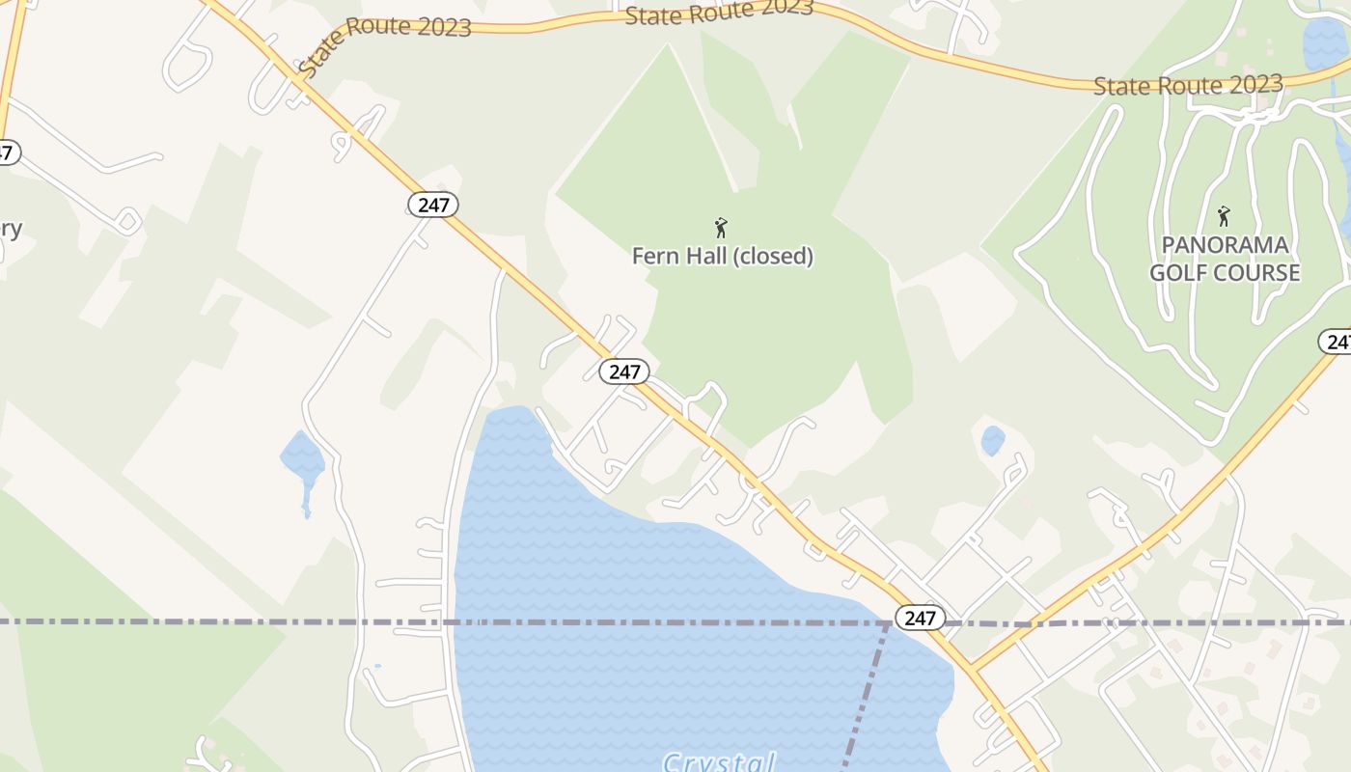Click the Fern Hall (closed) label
point(723,257)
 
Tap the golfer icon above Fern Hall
point(721,228)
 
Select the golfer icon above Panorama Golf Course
point(1224,216)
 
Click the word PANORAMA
point(1225,245)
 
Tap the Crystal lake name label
point(719,762)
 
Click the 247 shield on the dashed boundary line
point(920,618)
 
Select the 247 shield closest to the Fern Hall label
point(623,372)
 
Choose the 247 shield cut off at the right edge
point(1337,342)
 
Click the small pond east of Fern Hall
point(992,441)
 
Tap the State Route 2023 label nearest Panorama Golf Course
point(1187,85)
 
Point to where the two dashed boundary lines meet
point(888,623)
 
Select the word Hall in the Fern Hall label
point(695,257)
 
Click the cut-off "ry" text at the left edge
point(10,230)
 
